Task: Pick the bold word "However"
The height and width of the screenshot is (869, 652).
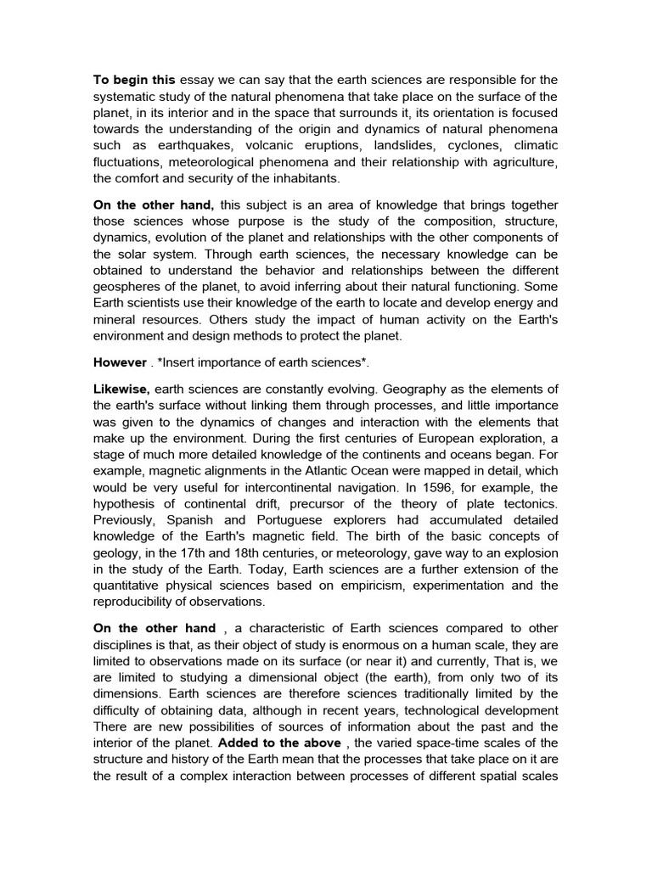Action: [120, 362]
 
